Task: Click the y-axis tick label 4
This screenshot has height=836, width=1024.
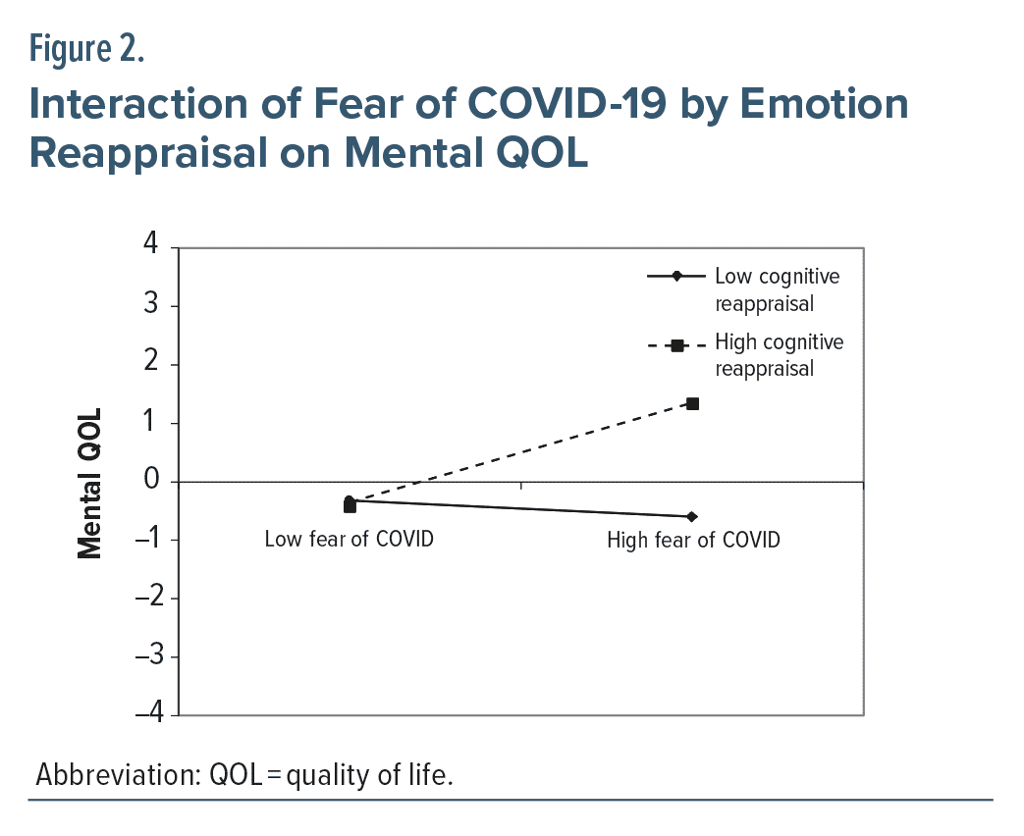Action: tap(151, 246)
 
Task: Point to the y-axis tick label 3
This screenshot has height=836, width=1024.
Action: tap(151, 305)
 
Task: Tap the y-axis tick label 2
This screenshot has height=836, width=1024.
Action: tap(151, 364)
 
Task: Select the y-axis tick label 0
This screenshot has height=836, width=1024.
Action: tap(151, 481)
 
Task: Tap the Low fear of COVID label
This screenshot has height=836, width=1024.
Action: tap(349, 539)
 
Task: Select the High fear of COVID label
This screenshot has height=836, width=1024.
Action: tap(693, 540)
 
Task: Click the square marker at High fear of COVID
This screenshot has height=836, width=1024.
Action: tap(692, 403)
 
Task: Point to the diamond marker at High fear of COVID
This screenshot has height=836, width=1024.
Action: tap(692, 516)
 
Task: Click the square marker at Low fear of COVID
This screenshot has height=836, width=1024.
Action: tap(350, 506)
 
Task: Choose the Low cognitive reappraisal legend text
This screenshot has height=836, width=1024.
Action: tap(777, 289)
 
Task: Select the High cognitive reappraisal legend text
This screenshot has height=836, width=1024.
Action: tap(779, 355)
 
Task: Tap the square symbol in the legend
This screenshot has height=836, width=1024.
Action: tap(676, 345)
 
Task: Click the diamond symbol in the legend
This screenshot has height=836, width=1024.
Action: tap(676, 278)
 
